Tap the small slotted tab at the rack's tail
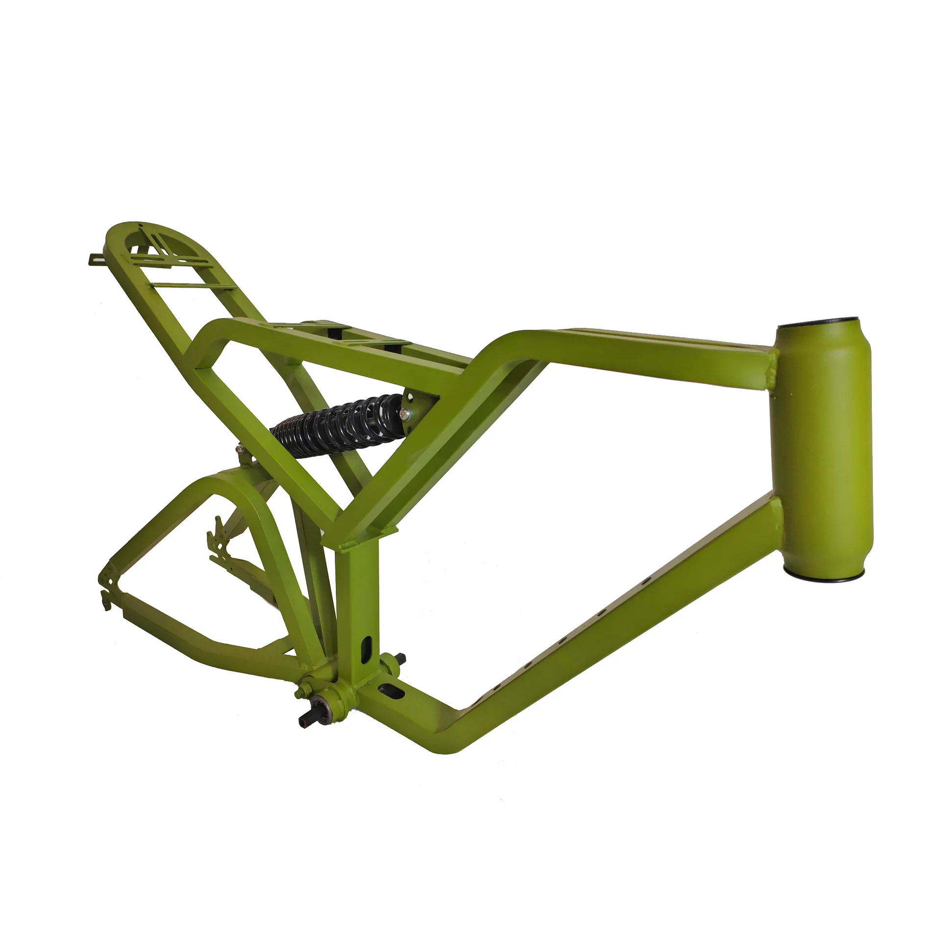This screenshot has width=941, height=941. click(96, 258)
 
